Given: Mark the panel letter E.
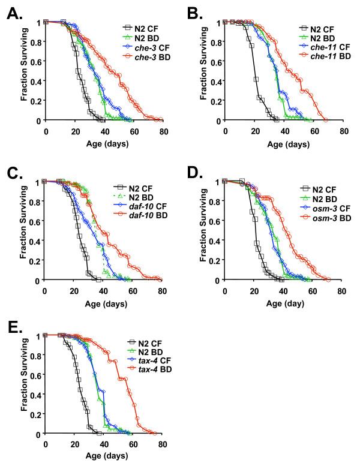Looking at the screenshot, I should [13, 329].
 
